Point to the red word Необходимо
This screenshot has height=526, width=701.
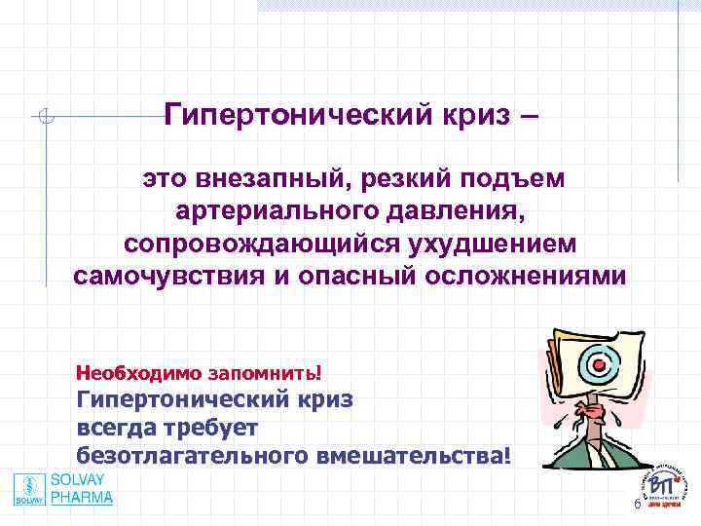point(138,372)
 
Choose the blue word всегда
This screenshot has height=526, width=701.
point(120,428)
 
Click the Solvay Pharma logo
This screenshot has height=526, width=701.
point(63,489)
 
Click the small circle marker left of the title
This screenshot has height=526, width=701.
point(45,118)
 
